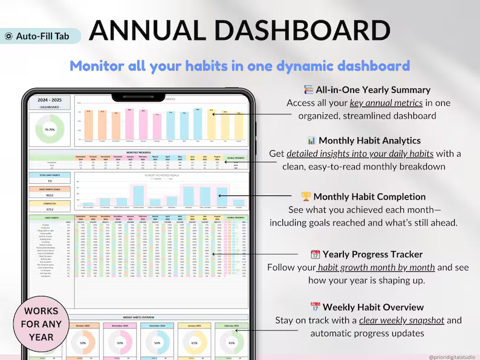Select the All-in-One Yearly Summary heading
(372, 90)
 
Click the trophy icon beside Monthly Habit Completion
(306, 197)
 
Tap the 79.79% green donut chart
(50, 129)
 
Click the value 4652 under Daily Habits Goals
(50, 195)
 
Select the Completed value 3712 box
(50, 209)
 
